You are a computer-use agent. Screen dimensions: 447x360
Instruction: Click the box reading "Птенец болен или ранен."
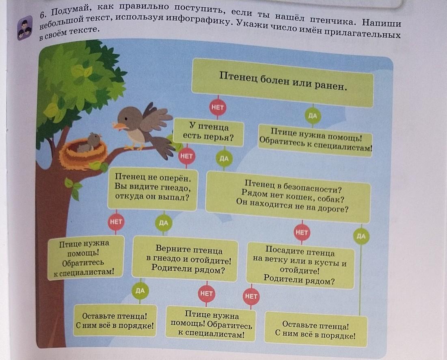tap(283, 82)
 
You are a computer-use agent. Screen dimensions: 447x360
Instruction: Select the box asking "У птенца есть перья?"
tap(208, 132)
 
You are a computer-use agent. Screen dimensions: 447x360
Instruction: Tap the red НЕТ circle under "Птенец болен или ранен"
tap(218, 108)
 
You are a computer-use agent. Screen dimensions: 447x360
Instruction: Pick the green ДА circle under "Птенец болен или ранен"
tap(313, 116)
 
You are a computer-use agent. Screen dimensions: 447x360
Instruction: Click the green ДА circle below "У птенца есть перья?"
tap(224, 158)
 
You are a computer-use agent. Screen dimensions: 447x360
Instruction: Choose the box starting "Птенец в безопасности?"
tap(288, 197)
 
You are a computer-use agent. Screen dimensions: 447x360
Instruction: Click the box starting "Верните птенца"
tap(185, 259)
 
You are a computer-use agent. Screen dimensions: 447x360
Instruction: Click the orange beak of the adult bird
tap(119, 126)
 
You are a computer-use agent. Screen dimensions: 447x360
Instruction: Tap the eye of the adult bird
tap(126, 118)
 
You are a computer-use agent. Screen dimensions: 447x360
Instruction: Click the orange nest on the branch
tap(83, 154)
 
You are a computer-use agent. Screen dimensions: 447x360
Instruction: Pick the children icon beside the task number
tap(25, 28)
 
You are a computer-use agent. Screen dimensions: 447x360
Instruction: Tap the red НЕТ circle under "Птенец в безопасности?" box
tap(302, 233)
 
